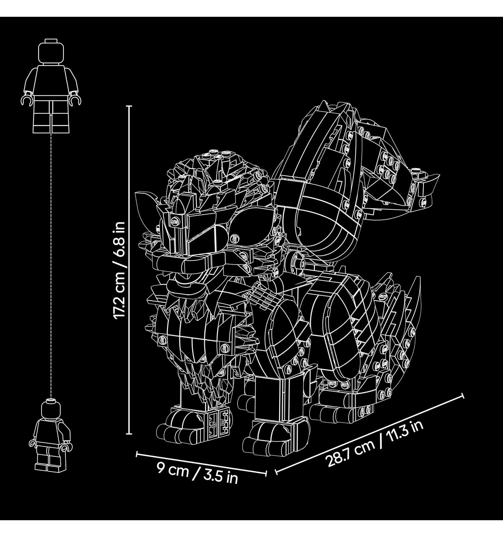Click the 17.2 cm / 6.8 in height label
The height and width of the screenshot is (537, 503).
point(119,271)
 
